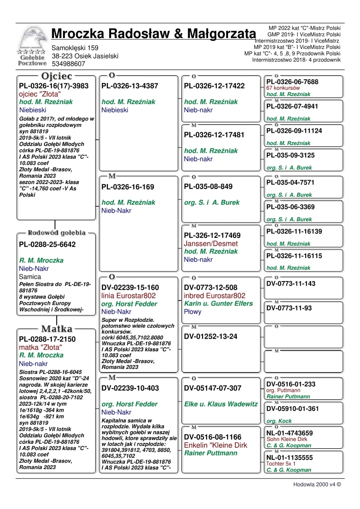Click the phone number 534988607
68,64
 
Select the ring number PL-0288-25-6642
47,244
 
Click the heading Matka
58,329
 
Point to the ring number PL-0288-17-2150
47,339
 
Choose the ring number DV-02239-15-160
130,287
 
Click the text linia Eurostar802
129,296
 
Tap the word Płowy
193,312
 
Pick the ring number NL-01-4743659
289,433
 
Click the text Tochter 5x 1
281,464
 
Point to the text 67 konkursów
283,88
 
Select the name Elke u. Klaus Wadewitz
221,404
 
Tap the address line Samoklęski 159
75,48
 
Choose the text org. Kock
279,421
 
